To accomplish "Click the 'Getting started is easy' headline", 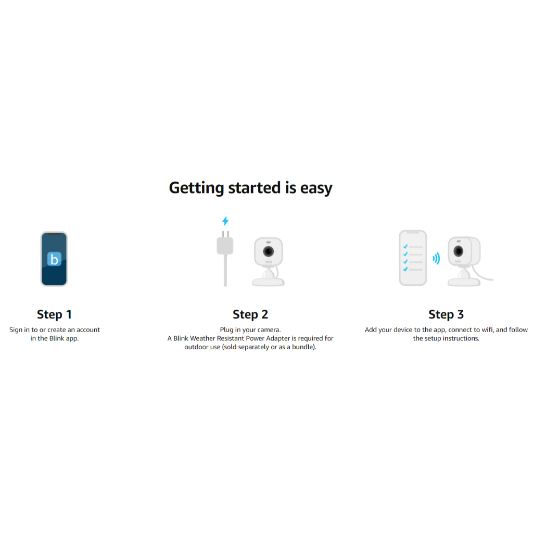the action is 250,188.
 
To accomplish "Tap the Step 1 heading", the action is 54,314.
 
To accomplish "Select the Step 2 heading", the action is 250,314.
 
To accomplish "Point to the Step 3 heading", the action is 446,314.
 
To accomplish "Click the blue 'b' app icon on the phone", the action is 54,259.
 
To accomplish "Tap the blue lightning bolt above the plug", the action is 225,221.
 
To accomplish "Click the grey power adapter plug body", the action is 225,246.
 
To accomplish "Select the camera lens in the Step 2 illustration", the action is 269,251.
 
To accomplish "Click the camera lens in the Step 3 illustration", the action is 458,251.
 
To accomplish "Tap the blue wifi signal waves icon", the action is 436,258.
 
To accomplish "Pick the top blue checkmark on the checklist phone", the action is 405,246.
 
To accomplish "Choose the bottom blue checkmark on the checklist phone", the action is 405,269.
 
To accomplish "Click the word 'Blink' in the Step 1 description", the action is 57,338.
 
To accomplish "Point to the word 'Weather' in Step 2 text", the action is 202,338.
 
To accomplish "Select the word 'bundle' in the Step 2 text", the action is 302,347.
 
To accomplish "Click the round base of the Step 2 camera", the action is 268,282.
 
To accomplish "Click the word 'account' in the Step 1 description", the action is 88,329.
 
